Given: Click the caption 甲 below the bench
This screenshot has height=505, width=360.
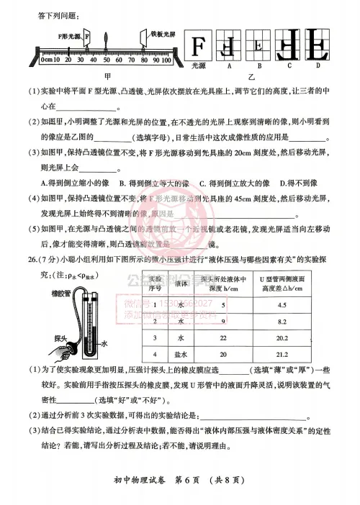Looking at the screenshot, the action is click(x=107, y=74).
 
